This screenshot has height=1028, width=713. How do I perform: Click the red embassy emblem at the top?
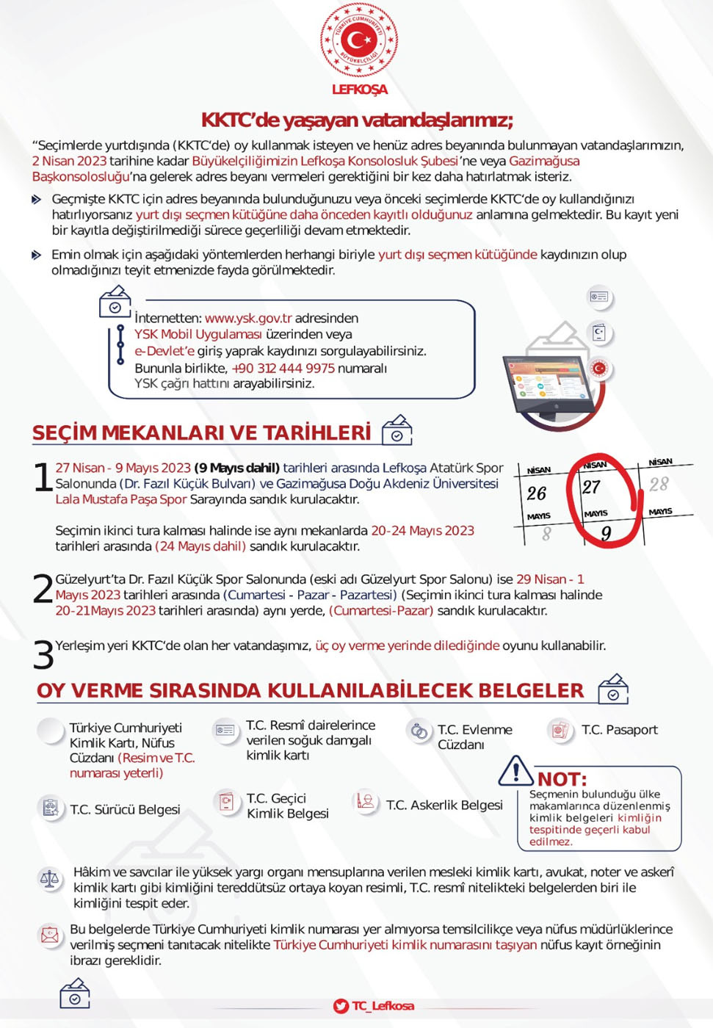359,40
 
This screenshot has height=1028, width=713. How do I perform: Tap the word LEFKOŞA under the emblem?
359,90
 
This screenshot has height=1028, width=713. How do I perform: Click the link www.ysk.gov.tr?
248,318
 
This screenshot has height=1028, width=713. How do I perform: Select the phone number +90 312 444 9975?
283,368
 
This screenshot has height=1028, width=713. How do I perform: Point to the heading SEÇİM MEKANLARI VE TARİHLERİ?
201,432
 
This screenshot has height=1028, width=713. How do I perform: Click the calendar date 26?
537,493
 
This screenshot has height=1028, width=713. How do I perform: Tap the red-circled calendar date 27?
592,487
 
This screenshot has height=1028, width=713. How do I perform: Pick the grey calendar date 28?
659,484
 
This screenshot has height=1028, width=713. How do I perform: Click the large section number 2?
43,588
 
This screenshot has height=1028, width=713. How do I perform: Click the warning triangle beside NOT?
516,770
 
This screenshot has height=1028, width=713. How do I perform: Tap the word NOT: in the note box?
562,779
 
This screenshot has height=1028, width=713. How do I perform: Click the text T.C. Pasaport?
619,730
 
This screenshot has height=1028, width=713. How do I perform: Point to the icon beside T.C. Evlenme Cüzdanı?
419,731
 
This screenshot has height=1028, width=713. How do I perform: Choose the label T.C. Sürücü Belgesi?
125,809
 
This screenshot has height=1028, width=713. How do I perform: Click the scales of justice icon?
50,879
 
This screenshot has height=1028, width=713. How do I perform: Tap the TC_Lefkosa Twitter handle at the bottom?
383,1006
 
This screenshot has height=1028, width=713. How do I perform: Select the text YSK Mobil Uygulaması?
198,334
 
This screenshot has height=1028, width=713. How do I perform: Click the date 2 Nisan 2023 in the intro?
69,161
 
